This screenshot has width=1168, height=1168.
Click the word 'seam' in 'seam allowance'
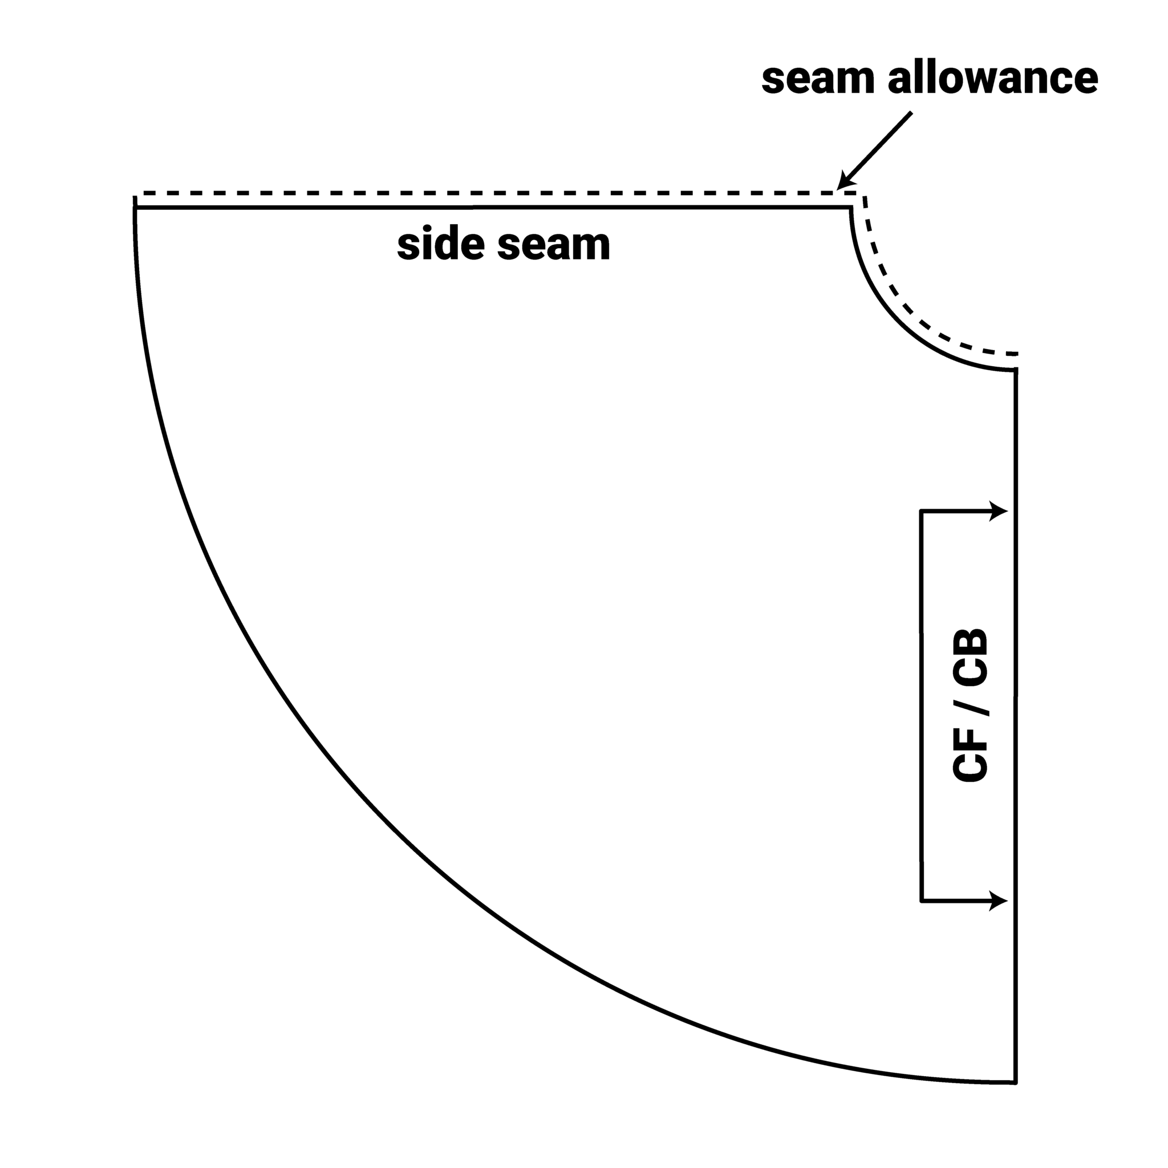(817, 79)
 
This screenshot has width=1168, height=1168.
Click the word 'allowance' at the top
(993, 78)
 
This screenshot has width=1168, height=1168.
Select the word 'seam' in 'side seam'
(554, 246)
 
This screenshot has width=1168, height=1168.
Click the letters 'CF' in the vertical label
(970, 755)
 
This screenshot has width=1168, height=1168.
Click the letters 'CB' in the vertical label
(970, 658)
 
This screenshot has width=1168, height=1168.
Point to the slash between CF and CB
(971, 708)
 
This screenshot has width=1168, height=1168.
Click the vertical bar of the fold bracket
(922, 706)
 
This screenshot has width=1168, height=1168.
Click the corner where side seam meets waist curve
(850, 208)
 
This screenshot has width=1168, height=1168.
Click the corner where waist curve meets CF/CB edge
(1016, 371)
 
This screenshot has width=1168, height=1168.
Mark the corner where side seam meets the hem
(135, 208)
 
